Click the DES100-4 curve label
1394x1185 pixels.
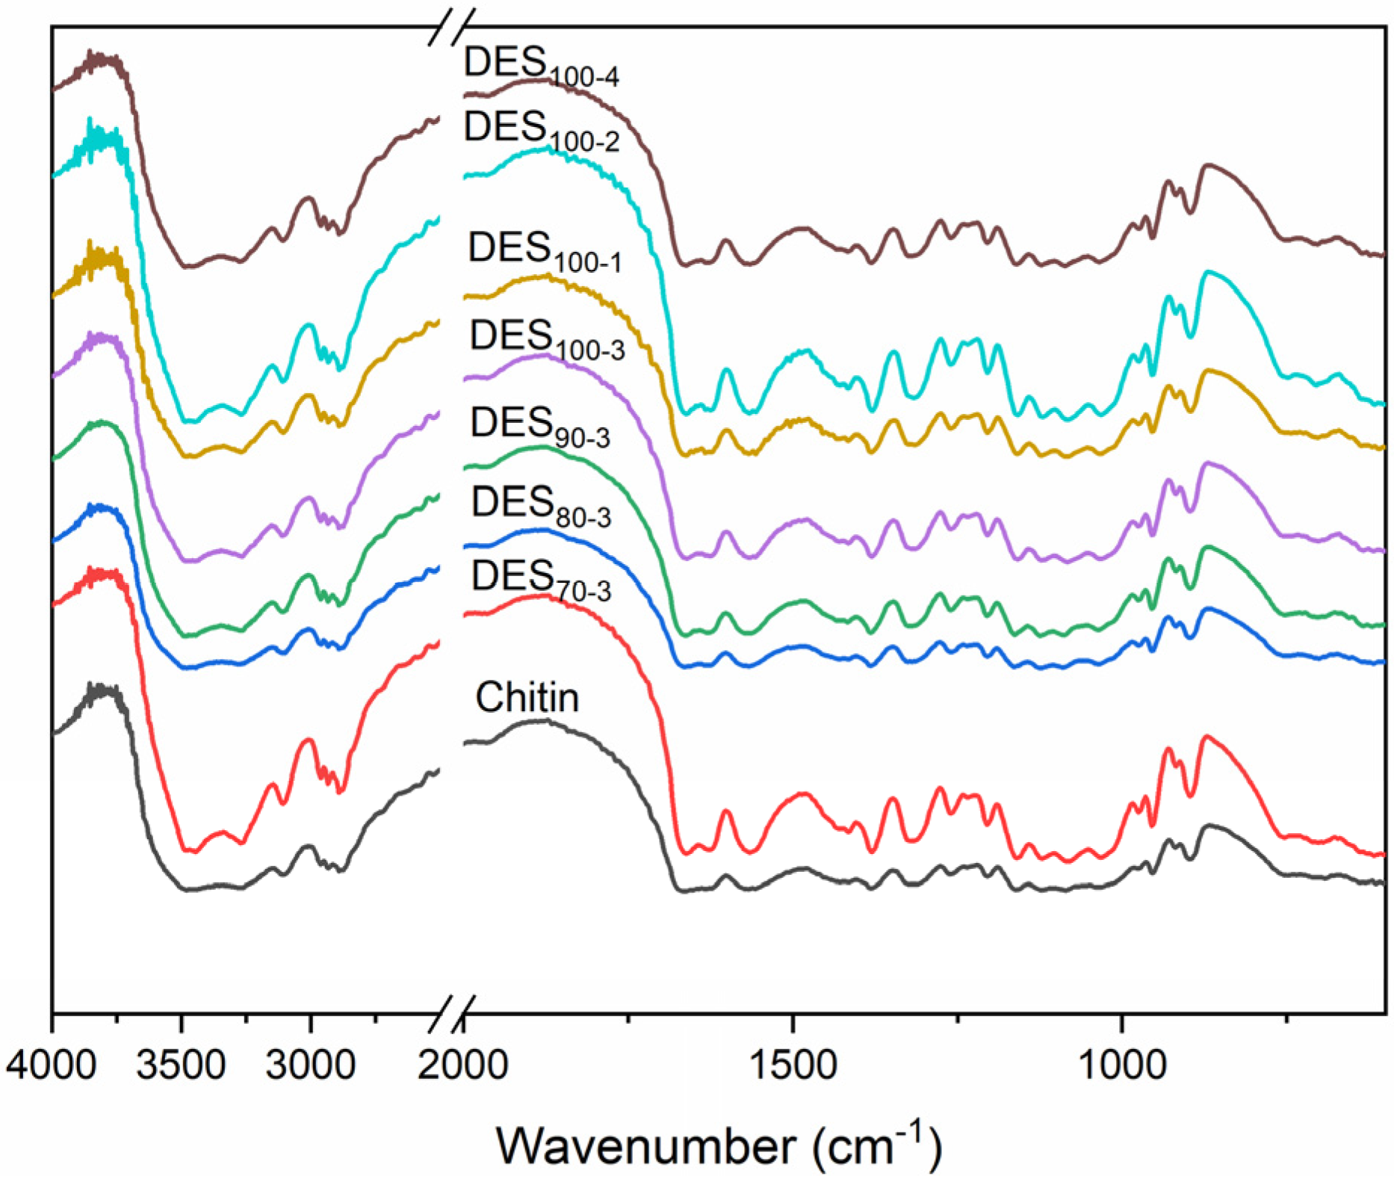click(x=541, y=66)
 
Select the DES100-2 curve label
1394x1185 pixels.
click(x=541, y=130)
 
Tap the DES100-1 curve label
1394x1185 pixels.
click(x=544, y=251)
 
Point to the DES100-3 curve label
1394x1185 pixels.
click(x=546, y=339)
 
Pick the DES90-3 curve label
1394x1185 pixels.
click(x=539, y=427)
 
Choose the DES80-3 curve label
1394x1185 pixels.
click(x=540, y=506)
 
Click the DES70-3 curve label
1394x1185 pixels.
click(x=540, y=580)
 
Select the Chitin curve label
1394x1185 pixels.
click(x=527, y=698)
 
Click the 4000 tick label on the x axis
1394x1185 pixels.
click(x=51, y=1064)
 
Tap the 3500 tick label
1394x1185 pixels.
click(x=181, y=1064)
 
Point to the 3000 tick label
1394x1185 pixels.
click(x=310, y=1064)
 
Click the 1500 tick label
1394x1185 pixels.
click(x=792, y=1064)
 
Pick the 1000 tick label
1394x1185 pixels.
click(x=1121, y=1064)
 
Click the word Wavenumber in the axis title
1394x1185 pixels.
click(x=647, y=1145)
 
